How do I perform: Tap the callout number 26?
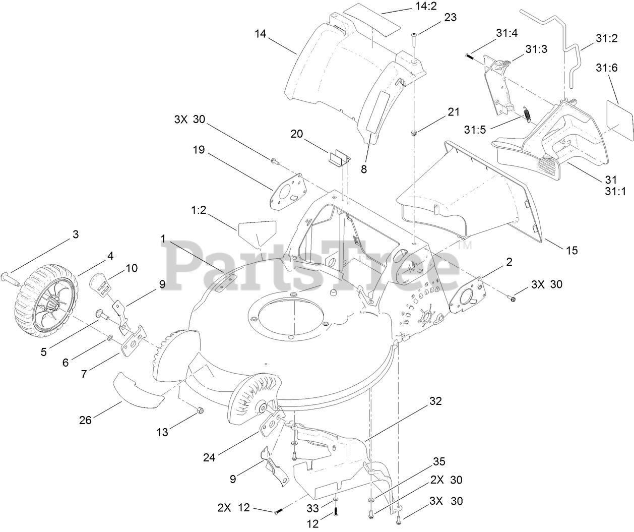coord(85,420)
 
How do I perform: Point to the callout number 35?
coord(439,462)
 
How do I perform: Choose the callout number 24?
coord(209,457)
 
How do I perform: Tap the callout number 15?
coord(572,250)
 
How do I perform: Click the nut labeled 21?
coord(413,133)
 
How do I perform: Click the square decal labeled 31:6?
coord(617,117)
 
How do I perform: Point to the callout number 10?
coord(131,268)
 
